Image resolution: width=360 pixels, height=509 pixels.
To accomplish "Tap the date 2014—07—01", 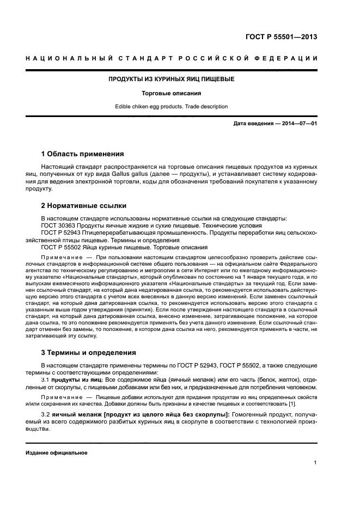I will coord(298,124).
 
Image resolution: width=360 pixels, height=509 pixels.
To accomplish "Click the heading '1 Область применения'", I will coord(82,154).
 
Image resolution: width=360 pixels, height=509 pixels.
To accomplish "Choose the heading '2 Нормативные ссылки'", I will coord(83,206).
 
